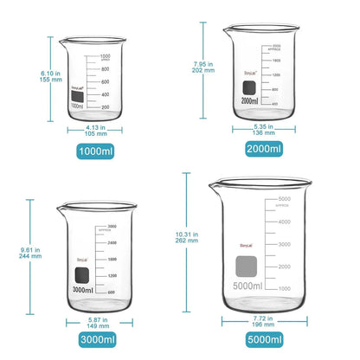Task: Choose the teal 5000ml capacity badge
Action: tap(264, 340)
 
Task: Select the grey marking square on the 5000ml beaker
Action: tap(247, 265)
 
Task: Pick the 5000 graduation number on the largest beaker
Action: tap(282, 200)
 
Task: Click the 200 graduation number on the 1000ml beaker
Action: tap(105, 107)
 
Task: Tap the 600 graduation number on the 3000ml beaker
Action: tap(112, 292)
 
